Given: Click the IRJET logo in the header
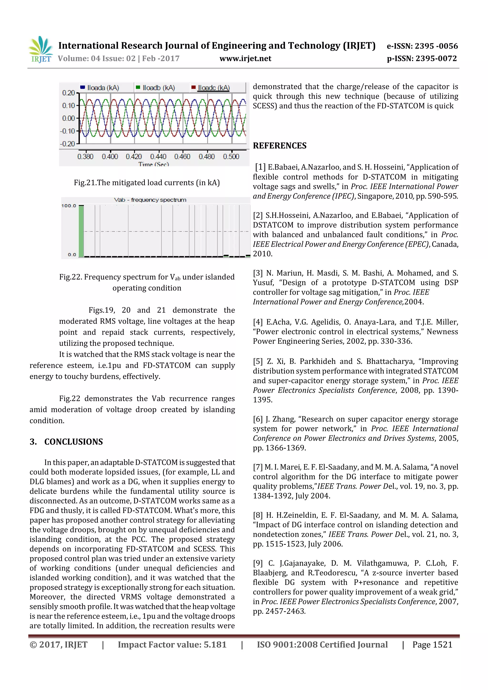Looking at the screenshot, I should coord(41,50).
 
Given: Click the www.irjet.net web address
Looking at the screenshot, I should coord(245,58).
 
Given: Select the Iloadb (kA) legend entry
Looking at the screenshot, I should coord(155,88).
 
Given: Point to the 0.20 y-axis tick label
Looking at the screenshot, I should coord(69,93).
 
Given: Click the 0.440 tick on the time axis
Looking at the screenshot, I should coord(158,156).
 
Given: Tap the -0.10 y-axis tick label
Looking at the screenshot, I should coord(67,131).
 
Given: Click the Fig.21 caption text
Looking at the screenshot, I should coord(147,183).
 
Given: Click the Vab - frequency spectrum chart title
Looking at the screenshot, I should coord(150,200).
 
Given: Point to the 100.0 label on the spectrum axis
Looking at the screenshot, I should coord(69,206).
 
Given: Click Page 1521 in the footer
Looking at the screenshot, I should coord(432,645).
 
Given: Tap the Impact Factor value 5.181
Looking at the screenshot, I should coord(172,645).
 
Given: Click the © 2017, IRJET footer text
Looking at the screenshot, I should coord(58,645).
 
